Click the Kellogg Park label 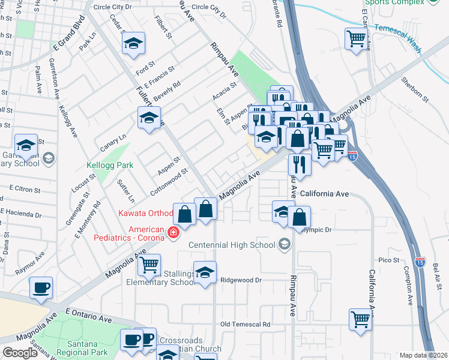pyautogui.click(x=110, y=164)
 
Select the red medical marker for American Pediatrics pyautogui.click(x=173, y=233)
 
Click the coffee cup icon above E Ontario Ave pyautogui.click(x=41, y=288)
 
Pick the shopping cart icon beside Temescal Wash pyautogui.click(x=357, y=40)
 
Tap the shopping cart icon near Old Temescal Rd pyautogui.click(x=360, y=319)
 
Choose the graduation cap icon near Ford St pyautogui.click(x=133, y=43)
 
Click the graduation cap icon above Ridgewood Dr pyautogui.click(x=205, y=272)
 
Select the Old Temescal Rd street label pyautogui.click(x=246, y=324)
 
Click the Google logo pyautogui.click(x=20, y=353)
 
